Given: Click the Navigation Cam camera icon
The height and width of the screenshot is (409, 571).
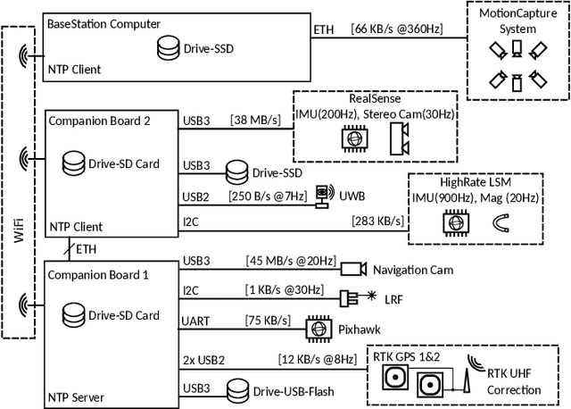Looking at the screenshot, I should [x=352, y=269].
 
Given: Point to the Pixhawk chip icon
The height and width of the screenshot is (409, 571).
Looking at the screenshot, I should [x=317, y=328].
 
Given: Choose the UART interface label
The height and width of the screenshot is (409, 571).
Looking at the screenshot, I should [x=197, y=321].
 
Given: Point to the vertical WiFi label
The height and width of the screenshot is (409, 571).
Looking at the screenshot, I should [x=19, y=214].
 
